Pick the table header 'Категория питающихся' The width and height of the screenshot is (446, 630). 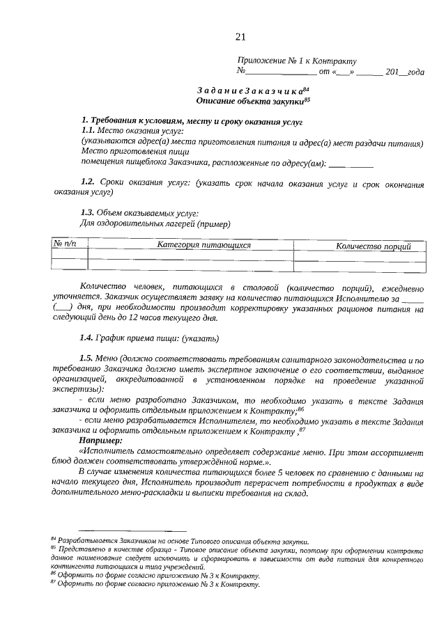pos(203,245)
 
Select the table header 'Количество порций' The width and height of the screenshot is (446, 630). pos(373,246)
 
